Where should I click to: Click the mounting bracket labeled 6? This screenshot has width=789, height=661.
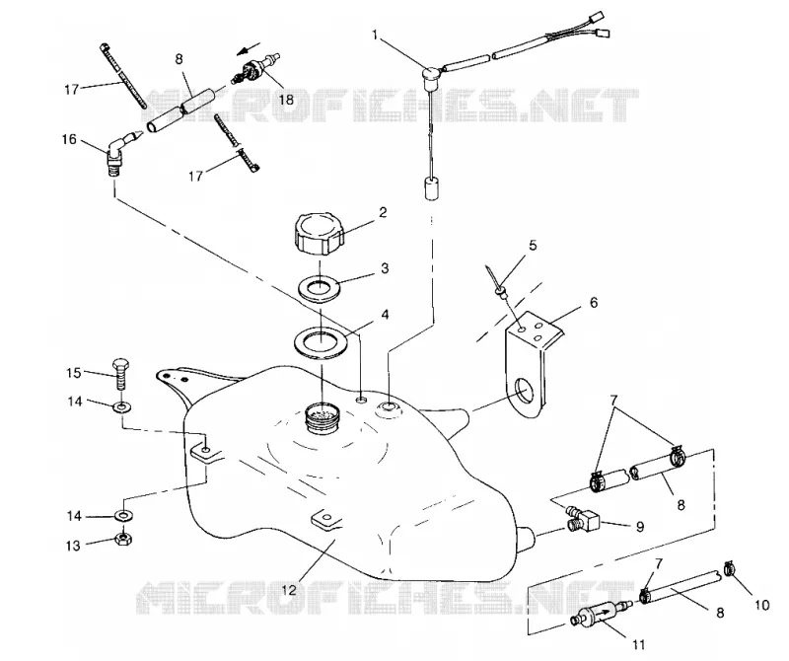pyautogui.click(x=533, y=364)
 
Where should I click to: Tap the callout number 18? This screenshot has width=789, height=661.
pyautogui.click(x=285, y=100)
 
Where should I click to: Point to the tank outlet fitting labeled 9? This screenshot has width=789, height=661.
pyautogui.click(x=582, y=519)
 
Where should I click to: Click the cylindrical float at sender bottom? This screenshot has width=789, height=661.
pyautogui.click(x=430, y=188)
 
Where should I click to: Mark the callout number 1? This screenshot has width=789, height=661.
pyautogui.click(x=375, y=35)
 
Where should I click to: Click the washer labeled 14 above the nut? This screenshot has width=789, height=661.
pyautogui.click(x=122, y=516)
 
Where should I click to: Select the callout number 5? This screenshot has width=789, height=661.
pyautogui.click(x=533, y=246)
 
